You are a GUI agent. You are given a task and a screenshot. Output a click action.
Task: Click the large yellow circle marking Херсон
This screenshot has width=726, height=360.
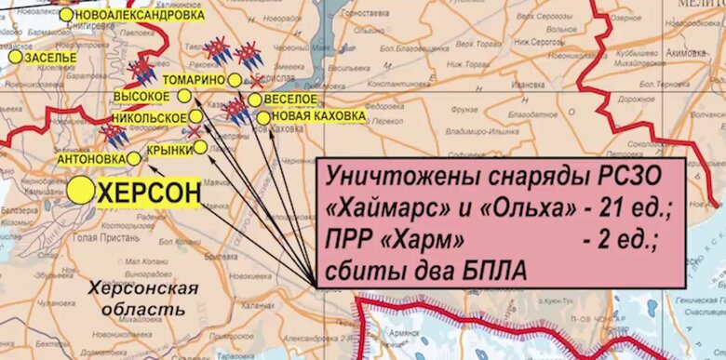click(x=81, y=191)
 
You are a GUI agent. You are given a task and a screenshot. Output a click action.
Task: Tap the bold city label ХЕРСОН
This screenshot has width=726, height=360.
click(x=149, y=193)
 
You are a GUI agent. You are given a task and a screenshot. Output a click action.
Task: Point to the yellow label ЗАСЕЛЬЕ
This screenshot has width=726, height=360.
click(x=51, y=58)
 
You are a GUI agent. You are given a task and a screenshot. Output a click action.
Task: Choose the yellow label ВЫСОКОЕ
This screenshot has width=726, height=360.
click(x=141, y=96)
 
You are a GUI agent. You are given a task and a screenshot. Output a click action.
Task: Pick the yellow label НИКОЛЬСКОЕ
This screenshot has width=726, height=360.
click(x=149, y=118)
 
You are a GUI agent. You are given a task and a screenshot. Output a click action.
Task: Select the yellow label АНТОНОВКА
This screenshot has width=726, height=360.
click(x=89, y=159)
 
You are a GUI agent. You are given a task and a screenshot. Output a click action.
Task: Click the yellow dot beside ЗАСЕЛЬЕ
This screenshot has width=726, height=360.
click(x=16, y=57)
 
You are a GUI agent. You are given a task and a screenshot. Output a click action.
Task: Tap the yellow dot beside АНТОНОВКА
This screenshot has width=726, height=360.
click(x=133, y=158)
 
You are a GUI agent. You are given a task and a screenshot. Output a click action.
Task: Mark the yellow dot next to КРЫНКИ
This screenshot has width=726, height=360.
click(x=200, y=146)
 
